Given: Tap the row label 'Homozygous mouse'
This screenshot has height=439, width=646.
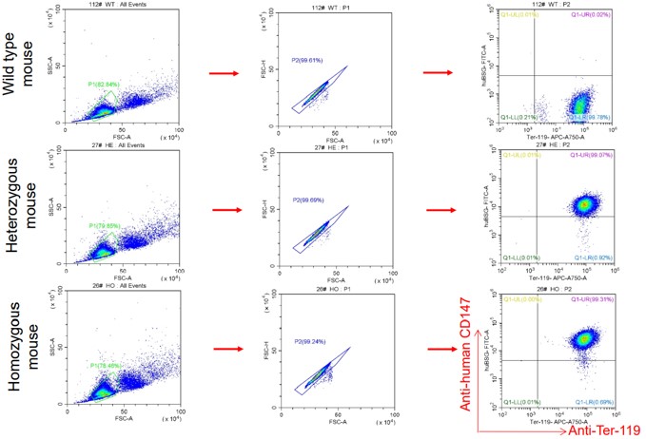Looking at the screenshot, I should (19, 352).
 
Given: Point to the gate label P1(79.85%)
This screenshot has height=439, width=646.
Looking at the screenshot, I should (105, 225).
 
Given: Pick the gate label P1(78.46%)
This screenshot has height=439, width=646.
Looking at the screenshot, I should (105, 365).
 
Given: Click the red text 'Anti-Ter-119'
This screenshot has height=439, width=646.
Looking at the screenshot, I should (581, 429).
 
